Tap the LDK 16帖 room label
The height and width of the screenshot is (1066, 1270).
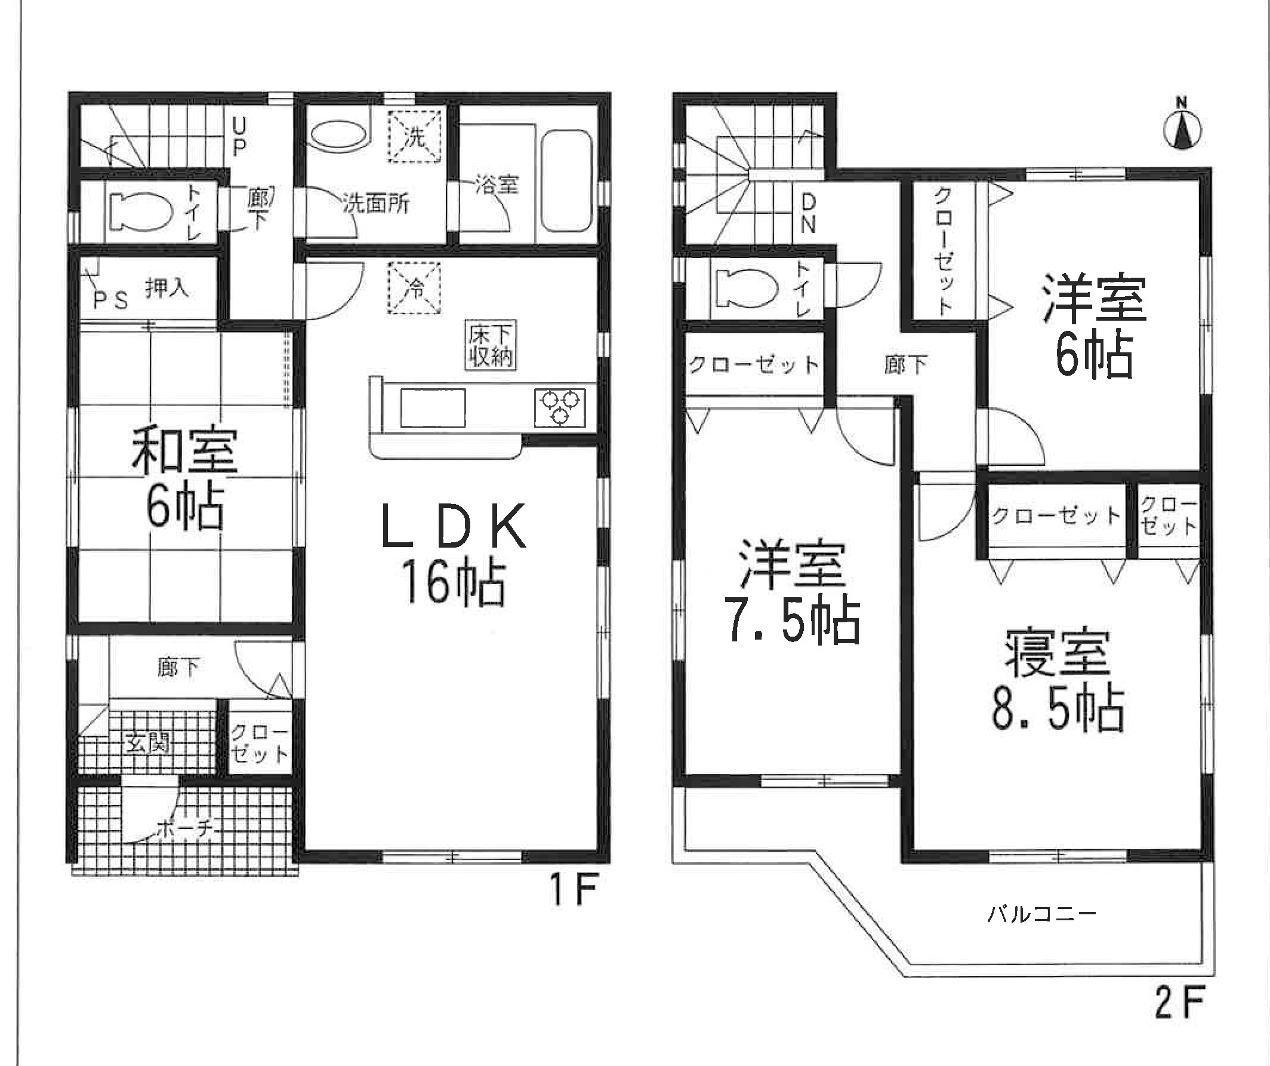pyautogui.click(x=454, y=553)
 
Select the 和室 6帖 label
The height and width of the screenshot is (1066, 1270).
pyautogui.click(x=185, y=478)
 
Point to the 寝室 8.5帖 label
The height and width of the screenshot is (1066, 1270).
pyautogui.click(x=1058, y=680)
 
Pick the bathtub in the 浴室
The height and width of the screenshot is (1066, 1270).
pyautogui.click(x=566, y=180)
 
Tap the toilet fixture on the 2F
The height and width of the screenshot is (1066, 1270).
pyautogui.click(x=746, y=288)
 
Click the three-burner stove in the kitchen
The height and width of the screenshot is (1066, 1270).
pyautogui.click(x=560, y=408)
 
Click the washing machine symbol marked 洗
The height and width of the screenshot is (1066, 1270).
pyautogui.click(x=414, y=136)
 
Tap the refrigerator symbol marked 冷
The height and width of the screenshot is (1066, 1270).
pyautogui.click(x=414, y=288)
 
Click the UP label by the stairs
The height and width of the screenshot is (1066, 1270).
pyautogui.click(x=239, y=137)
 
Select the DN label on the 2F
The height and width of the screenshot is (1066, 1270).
pyautogui.click(x=809, y=213)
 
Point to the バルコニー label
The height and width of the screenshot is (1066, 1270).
pyautogui.click(x=1042, y=914)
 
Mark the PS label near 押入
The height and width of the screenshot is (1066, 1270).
pyautogui.click(x=110, y=300)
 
